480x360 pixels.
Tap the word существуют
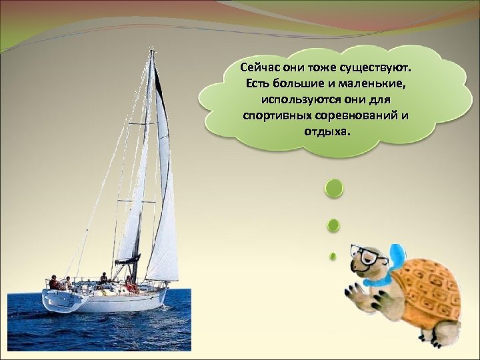(379, 69)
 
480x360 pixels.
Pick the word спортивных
(276, 116)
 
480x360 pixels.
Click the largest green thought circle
(333, 188)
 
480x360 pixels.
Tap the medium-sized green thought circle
(333, 225)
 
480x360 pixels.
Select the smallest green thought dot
(333, 255)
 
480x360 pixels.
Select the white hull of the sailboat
(107, 300)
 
